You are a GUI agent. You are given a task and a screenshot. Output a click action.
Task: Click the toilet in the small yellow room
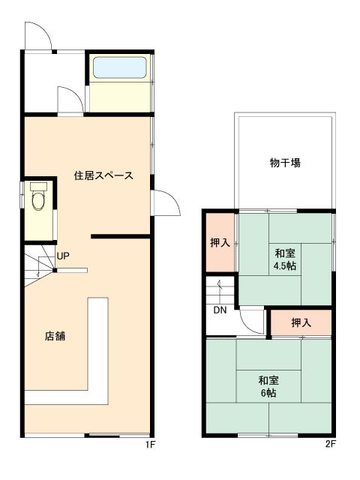pos(39,198)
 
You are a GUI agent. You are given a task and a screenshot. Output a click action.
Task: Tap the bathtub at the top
pos(118,69)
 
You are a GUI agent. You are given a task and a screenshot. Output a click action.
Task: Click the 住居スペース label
pos(103,176)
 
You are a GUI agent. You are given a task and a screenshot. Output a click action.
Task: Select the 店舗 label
pos(55,336)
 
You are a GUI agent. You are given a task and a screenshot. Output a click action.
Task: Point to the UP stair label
pos(64,256)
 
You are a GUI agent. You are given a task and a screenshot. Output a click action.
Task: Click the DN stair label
pos(220,310)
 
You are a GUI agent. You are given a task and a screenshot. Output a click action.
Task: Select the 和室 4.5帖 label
pos(284,259)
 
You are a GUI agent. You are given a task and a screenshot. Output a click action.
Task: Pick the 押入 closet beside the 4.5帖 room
pos(220,243)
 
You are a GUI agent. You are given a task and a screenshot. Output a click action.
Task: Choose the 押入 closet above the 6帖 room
pos(301,322)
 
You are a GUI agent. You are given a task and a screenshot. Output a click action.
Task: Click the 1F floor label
pos(150,444)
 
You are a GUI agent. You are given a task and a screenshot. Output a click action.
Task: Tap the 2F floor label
pos(329,444)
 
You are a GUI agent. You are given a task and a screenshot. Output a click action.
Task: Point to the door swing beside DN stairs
pos(252,322)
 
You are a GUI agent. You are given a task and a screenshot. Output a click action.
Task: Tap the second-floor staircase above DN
pos(220,290)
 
